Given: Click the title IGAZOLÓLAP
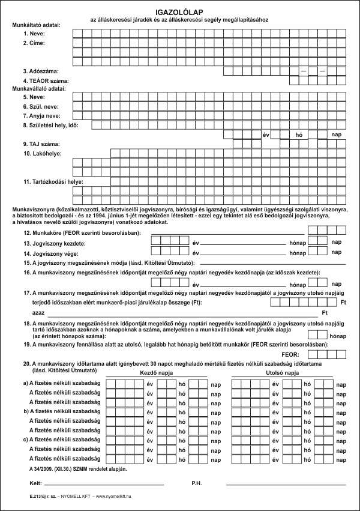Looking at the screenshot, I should [x=180, y=11].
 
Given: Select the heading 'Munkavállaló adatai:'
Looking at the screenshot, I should [x=39, y=88].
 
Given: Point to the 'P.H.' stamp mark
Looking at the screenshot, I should [x=197, y=483].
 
